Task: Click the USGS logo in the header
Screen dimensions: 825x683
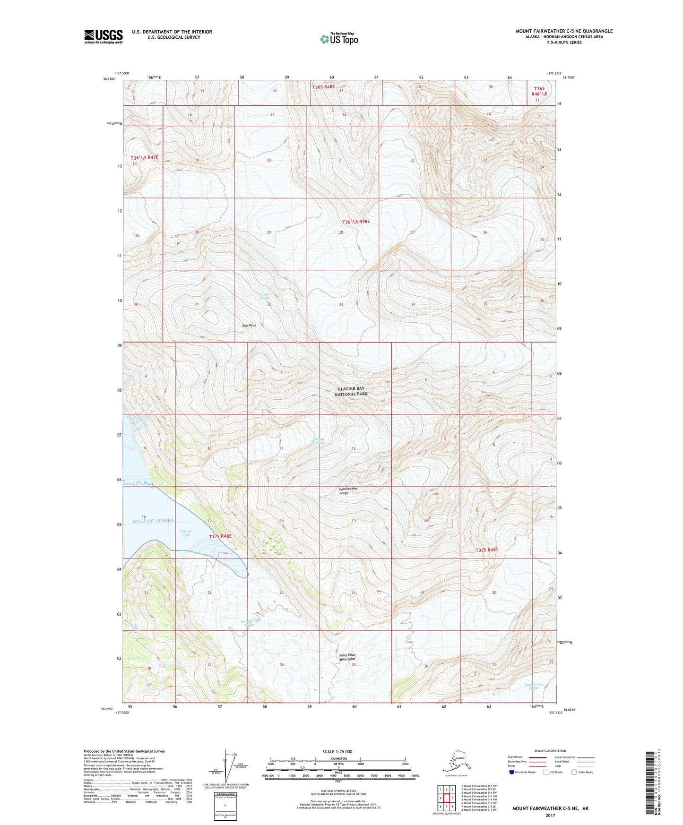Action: (103, 36)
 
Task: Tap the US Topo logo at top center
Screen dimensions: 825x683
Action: (338, 38)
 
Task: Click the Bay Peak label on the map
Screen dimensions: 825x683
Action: (249, 326)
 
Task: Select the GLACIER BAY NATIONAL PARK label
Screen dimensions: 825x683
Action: (351, 391)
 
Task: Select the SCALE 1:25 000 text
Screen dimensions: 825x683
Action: (337, 752)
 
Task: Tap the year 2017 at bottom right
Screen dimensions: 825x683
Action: (550, 816)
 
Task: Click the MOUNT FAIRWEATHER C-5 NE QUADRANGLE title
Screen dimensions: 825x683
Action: (564, 31)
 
